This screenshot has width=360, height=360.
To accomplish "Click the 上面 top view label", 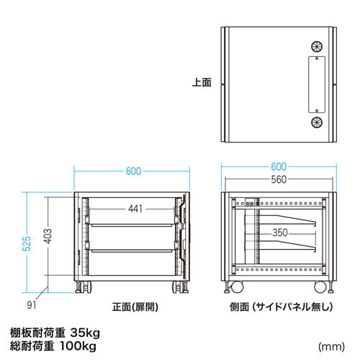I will point(202,83).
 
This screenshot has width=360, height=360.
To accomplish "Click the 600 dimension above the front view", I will point(132,171).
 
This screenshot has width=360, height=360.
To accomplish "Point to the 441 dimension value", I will point(133,209).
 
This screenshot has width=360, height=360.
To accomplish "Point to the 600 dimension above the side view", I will point(279,165).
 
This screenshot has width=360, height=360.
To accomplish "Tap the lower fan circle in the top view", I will point(317,122).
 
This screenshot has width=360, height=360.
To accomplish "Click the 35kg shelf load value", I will point(85,332).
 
